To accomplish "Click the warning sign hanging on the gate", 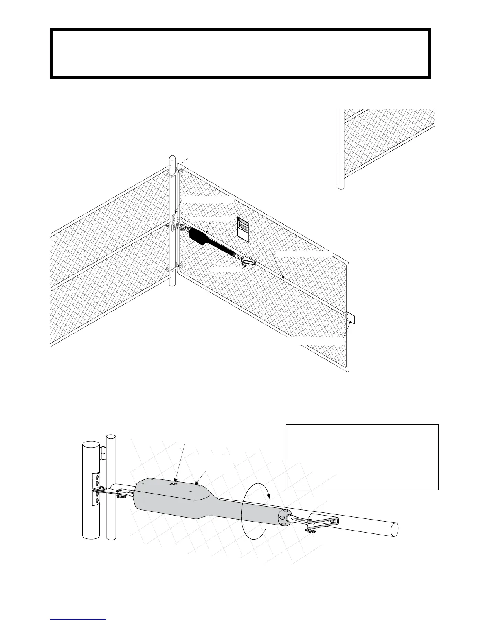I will point(244,229).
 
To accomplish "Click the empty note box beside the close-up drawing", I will point(362,457).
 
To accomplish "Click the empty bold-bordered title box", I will point(240,53).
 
